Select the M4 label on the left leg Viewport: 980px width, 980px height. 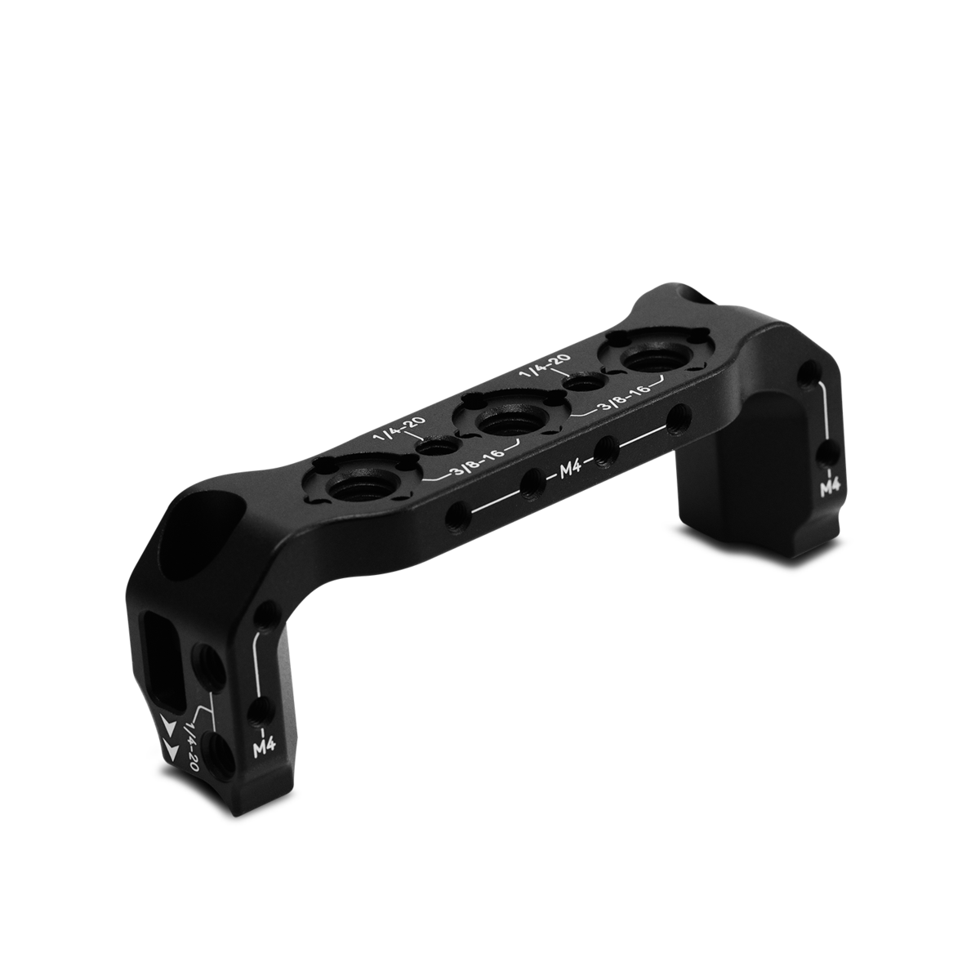click(263, 746)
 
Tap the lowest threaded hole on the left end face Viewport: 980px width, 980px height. click(219, 745)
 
